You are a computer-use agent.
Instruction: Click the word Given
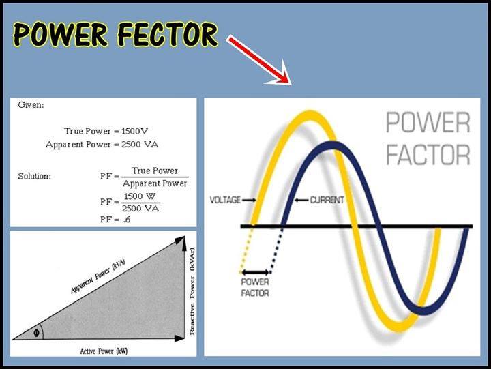click(31, 106)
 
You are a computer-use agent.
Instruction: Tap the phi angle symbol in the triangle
click(36, 332)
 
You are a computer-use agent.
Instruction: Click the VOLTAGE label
click(225, 201)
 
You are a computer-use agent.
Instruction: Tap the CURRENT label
click(327, 201)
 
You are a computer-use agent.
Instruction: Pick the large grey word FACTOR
click(428, 154)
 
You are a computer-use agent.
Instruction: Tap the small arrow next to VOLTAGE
click(249, 201)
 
